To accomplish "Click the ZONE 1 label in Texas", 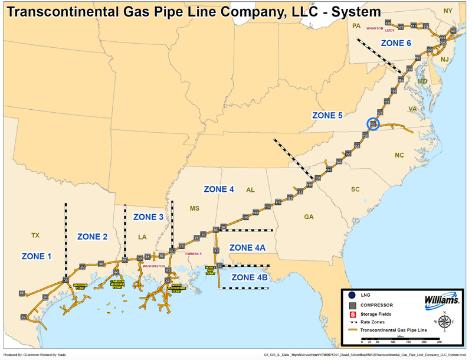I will pos(37,256).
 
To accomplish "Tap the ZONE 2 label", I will pos(93,237).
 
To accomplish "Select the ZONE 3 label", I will pos(148,217).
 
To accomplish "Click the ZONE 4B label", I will pos(250,277).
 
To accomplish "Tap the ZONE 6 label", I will pos(396,43).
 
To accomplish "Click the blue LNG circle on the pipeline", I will pos(373,124).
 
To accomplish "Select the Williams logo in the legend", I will pos(441,301).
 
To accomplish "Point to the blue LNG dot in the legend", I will pos(352,293).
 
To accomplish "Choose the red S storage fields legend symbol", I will pos(352,315).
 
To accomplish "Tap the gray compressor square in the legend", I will pos(352,304).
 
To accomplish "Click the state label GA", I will pos(309,217).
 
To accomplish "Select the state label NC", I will pos(399,155).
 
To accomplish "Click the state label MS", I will pos(195,208).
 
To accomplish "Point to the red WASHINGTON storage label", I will pos(153,266).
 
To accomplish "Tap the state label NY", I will pos(448,11).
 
